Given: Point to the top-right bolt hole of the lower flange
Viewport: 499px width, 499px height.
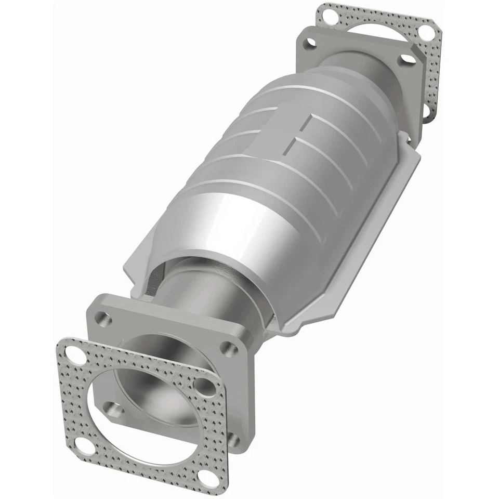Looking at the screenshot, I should coord(227,348).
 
